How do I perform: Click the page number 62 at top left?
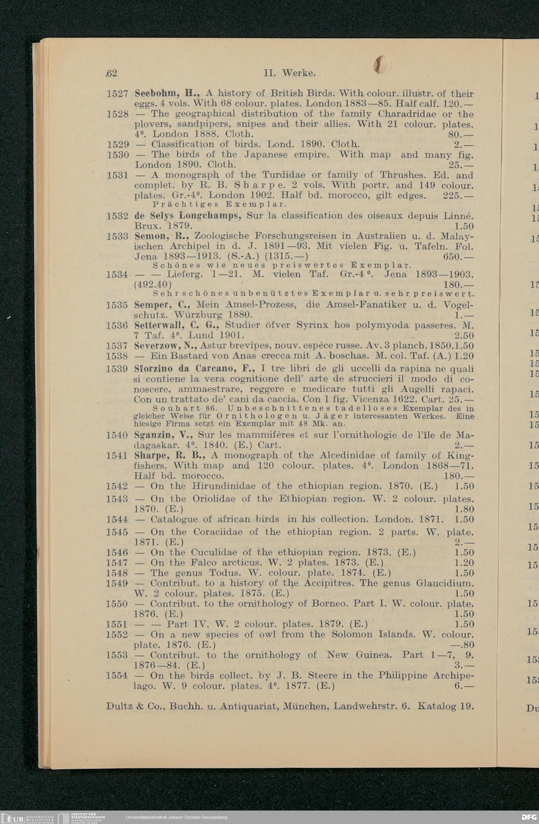click(112, 73)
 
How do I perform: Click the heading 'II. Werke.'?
click(289, 73)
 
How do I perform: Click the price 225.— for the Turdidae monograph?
click(458, 196)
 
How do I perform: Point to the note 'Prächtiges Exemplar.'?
click(219, 204)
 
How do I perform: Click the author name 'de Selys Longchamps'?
click(187, 216)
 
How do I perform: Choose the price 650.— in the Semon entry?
click(458, 257)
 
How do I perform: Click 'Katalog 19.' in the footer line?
click(445, 706)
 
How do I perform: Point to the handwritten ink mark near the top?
click(383, 65)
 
